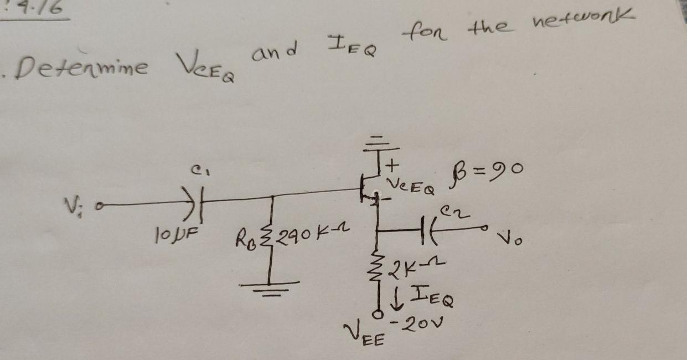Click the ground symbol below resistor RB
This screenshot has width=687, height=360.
click(270, 285)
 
